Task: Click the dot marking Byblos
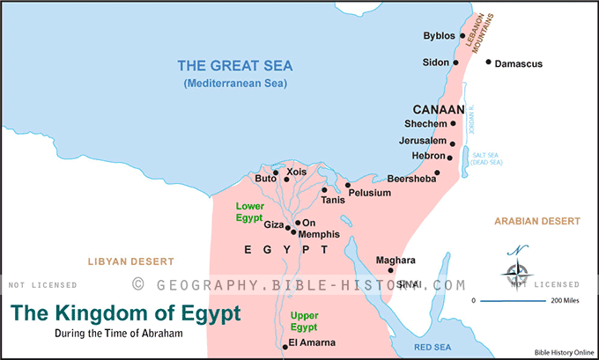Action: coord(462,36)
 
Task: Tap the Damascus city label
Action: coord(519,63)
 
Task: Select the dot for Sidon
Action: coord(455,62)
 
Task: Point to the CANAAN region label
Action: coord(438,110)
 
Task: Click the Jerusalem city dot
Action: coord(453,143)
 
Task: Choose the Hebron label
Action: coord(427,156)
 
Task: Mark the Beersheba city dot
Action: coord(437,173)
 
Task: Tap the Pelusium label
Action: coord(368,192)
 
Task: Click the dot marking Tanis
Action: coord(324,189)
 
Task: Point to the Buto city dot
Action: coord(286,180)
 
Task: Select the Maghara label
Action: coord(395,260)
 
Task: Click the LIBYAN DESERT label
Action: coord(130,261)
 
